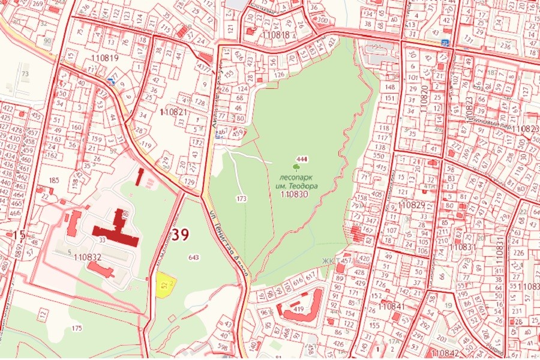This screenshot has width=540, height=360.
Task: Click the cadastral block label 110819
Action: (x=104, y=58)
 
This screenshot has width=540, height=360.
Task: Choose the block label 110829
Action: (x=411, y=205)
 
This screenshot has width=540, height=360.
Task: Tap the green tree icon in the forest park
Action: (x=296, y=167)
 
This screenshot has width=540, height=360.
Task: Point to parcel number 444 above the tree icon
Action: (x=302, y=158)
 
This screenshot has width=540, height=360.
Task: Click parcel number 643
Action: (x=193, y=257)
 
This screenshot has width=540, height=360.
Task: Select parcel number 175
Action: (x=76, y=328)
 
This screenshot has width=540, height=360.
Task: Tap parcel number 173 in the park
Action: (x=242, y=198)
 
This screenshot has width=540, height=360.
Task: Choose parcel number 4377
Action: (x=205, y=68)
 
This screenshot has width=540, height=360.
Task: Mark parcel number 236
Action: (x=506, y=47)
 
